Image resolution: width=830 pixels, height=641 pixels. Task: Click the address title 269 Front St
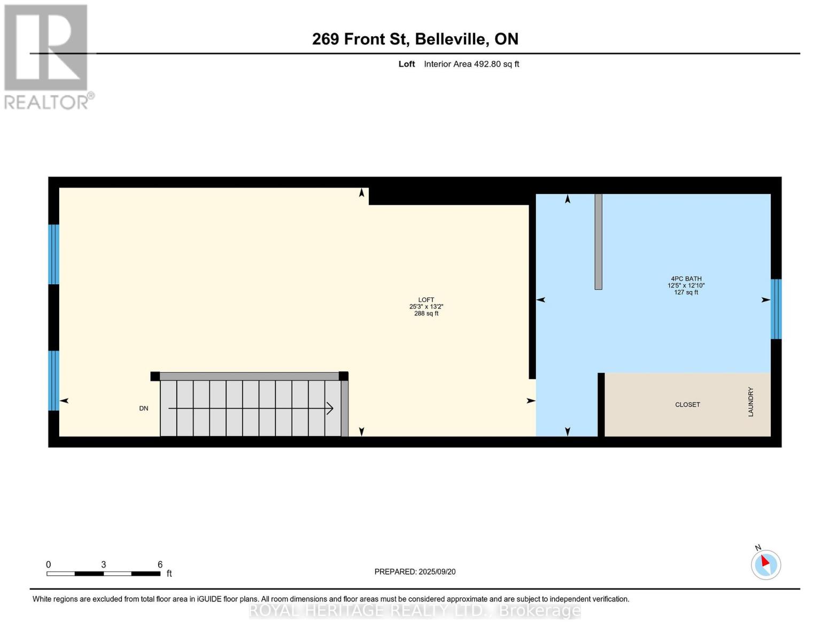pyautogui.click(x=415, y=39)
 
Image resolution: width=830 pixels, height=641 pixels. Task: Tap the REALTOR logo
pyautogui.click(x=47, y=56)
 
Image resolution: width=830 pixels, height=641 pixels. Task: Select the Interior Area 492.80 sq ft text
pyautogui.click(x=471, y=64)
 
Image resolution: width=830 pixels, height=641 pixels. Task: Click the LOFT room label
pyautogui.click(x=426, y=300)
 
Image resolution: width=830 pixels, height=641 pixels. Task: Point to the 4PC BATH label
pyautogui.click(x=686, y=279)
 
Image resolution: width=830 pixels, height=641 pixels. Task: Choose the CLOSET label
pyautogui.click(x=687, y=405)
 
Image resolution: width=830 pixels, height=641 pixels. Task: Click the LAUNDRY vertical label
pyautogui.click(x=750, y=402)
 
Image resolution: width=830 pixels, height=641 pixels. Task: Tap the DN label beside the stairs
pyautogui.click(x=144, y=409)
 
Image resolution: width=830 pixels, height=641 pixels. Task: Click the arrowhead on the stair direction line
pyautogui.click(x=330, y=409)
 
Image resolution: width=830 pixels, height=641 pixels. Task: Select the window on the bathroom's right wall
pyautogui.click(x=775, y=309)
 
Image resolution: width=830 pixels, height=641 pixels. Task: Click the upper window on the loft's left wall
pyautogui.click(x=53, y=254)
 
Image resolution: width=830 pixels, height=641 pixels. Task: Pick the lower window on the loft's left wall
pyautogui.click(x=53, y=380)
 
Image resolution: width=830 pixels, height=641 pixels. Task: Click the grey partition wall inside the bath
pyautogui.click(x=598, y=241)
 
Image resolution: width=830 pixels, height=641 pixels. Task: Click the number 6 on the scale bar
pyautogui.click(x=160, y=565)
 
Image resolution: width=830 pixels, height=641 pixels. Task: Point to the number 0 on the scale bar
pyautogui.click(x=49, y=565)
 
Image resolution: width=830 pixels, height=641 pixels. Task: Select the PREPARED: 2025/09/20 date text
pyautogui.click(x=415, y=572)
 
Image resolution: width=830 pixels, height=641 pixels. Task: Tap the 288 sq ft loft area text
pyautogui.click(x=426, y=314)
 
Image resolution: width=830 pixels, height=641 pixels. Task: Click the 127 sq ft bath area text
pyautogui.click(x=686, y=293)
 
